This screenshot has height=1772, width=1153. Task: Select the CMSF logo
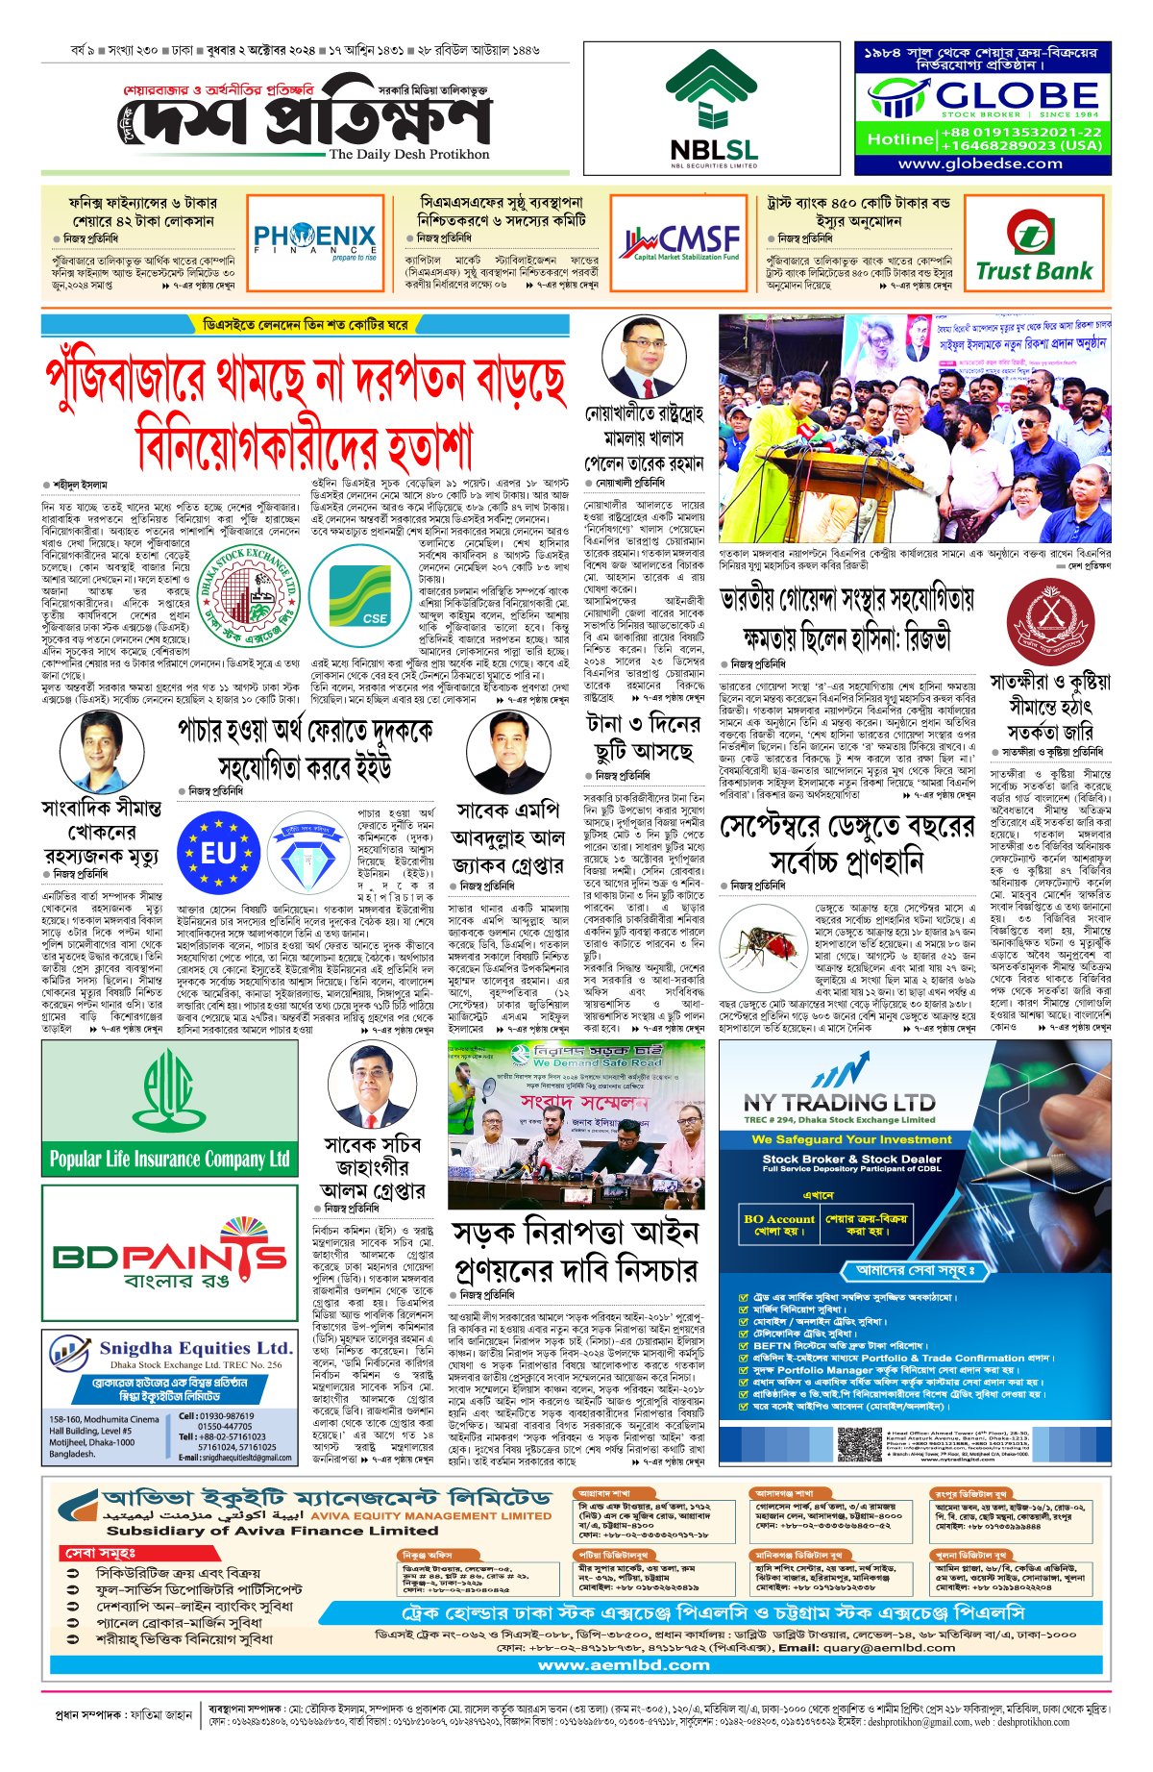[681, 239]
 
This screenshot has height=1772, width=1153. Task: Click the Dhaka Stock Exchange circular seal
[248, 597]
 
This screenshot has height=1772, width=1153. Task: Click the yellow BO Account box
[778, 1224]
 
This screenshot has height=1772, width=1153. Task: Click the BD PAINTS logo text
[170, 1257]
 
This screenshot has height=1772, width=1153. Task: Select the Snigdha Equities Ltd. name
[195, 1348]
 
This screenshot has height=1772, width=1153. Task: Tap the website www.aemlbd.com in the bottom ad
[624, 1664]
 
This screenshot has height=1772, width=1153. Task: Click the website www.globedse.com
[980, 163]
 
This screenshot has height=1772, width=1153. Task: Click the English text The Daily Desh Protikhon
[409, 154]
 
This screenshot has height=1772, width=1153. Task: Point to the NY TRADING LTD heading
[839, 1102]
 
